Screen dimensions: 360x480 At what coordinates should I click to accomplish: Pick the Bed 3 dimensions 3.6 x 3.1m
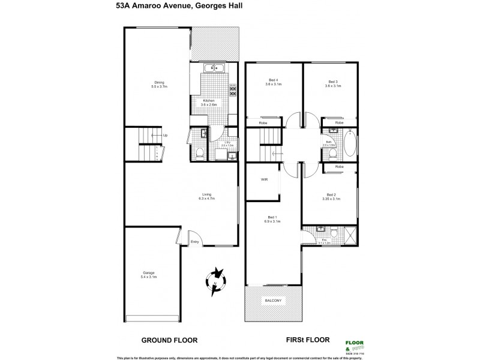pos(332,85)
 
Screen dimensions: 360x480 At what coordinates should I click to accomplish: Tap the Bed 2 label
pos(332,194)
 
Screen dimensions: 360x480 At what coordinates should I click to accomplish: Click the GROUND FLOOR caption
pos(169,340)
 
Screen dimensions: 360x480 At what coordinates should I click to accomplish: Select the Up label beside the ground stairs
pos(165,135)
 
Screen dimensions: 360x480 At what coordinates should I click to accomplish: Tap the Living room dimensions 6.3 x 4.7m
pos(208,197)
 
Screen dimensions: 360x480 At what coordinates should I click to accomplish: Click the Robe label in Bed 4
pos(262,123)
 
